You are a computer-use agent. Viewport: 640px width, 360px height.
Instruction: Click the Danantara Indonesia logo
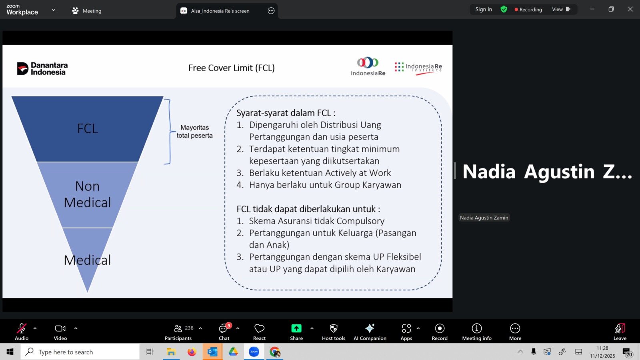[x=42, y=68]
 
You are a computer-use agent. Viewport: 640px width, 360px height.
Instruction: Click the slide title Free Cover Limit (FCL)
[x=232, y=68]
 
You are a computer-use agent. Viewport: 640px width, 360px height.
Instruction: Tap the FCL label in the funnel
[x=88, y=128]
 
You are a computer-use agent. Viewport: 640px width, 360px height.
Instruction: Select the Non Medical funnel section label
[x=88, y=194]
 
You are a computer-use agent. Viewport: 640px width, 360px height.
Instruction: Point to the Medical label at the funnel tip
[x=88, y=260]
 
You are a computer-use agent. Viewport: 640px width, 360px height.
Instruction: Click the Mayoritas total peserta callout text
[x=194, y=132]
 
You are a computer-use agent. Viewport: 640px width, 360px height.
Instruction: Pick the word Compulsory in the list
[x=360, y=221]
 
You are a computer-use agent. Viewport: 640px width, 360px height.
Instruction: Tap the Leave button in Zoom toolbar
[x=620, y=332]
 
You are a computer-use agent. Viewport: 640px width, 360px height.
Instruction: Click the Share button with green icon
[x=296, y=332]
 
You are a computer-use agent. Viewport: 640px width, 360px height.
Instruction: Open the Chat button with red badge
[x=224, y=332]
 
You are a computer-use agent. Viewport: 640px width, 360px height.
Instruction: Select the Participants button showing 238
[x=178, y=332]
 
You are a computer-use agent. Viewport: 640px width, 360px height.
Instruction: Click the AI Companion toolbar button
[x=370, y=332]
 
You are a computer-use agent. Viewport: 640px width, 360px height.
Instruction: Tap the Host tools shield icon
[x=334, y=328]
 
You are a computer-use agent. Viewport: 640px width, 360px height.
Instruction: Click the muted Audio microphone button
[x=22, y=332]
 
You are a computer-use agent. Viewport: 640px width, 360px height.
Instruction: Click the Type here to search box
[x=80, y=352]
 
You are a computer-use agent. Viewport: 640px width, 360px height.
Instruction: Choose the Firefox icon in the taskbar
[x=192, y=352]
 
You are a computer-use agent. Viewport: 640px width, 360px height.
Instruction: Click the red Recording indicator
[x=528, y=10]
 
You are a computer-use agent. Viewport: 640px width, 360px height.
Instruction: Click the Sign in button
[x=484, y=10]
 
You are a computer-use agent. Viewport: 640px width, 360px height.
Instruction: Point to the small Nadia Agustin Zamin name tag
[x=484, y=218]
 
